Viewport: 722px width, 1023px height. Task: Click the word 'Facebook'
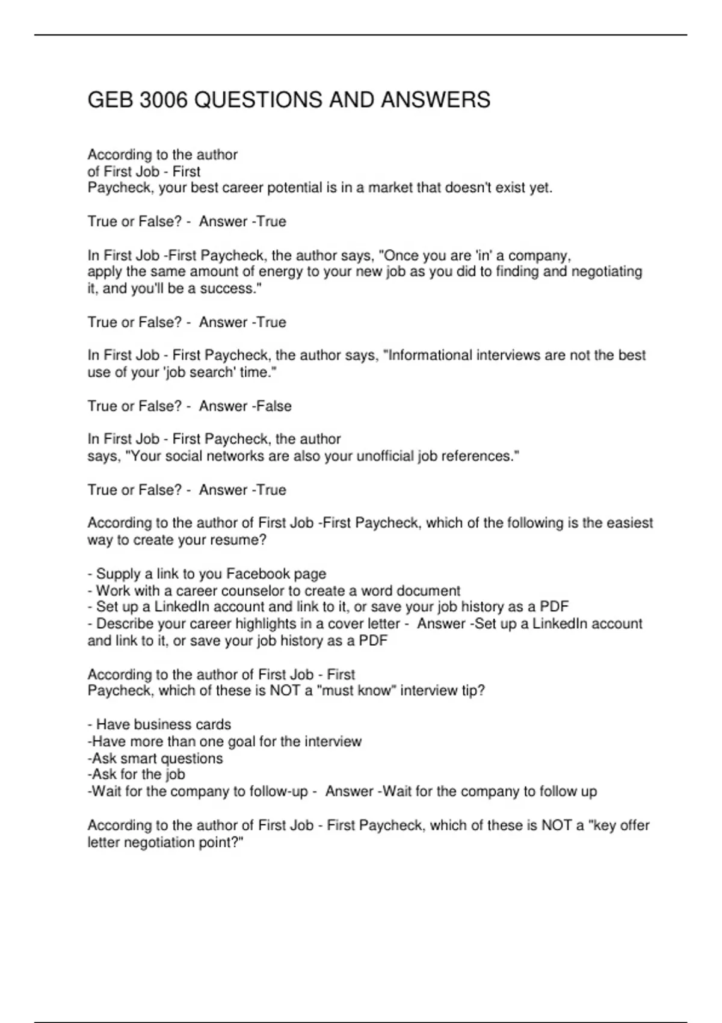(x=257, y=574)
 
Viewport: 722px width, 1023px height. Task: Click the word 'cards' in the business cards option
(x=214, y=725)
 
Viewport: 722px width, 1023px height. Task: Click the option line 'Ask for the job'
(x=137, y=774)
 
